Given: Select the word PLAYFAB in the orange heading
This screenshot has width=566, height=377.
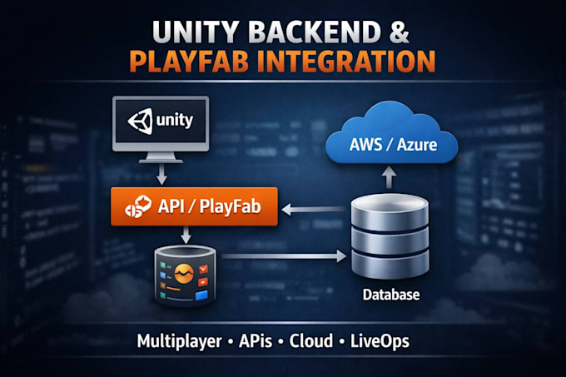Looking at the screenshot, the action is pos(189,62).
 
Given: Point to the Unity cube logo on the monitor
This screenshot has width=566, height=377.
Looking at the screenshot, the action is pos(141,122).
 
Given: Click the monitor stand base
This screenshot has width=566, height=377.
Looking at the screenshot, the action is pos(161,161).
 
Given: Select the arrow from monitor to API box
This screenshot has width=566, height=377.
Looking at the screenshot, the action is pos(161,174).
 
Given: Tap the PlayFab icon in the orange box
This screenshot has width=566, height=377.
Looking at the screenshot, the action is pos(137,206).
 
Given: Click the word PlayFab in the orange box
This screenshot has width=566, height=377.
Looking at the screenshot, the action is pos(230,207).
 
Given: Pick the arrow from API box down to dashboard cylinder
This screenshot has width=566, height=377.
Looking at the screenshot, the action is pos(186,235).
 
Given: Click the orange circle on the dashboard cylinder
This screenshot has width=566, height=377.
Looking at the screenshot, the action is pos(184,274).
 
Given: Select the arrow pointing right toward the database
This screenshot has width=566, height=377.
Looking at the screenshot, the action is pos(284,256).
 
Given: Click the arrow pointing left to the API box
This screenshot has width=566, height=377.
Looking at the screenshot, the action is pos(313,209).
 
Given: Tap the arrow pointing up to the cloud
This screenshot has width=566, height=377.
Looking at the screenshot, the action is pos(389,177).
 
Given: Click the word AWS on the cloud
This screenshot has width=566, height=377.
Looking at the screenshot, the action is pos(365,145).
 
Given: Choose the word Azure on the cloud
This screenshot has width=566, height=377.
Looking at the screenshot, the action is pos(417,145).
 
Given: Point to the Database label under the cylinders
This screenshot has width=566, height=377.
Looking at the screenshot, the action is pos(391,295).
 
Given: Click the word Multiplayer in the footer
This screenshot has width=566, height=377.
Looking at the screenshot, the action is pos(180,341).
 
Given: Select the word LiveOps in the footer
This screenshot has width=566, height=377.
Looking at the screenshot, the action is pos(380,341).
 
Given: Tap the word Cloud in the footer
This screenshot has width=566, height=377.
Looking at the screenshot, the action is pos(310,341).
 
